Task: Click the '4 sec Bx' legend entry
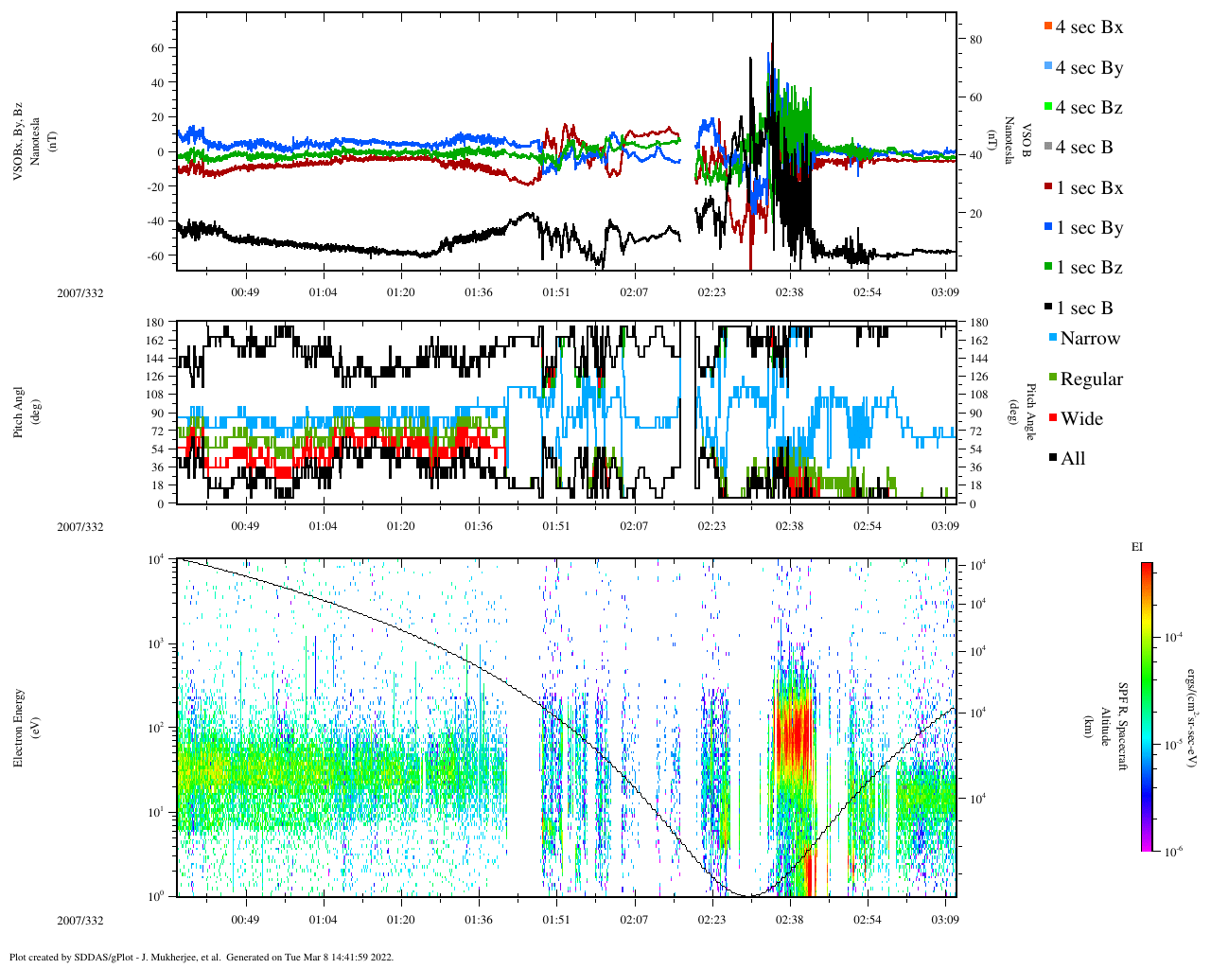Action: tap(1088, 27)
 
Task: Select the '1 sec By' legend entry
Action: tap(1088, 228)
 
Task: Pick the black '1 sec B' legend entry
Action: tap(1083, 308)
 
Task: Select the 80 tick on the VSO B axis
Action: tap(975, 40)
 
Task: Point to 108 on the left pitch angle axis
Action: tap(155, 395)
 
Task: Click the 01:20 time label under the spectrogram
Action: tap(400, 920)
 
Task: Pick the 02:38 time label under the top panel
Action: tap(789, 292)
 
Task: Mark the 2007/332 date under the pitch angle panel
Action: tap(80, 527)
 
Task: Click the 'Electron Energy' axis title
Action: tap(18, 728)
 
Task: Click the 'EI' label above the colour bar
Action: tap(1136, 547)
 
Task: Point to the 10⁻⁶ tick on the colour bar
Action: tap(1170, 852)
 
